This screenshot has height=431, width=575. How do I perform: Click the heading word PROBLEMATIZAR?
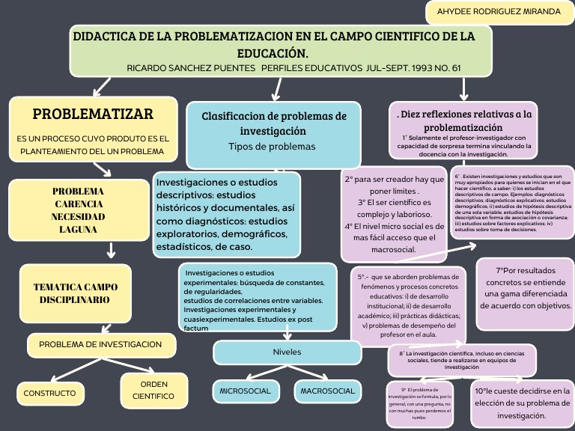click(93, 114)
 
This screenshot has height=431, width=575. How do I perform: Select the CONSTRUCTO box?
click(49, 392)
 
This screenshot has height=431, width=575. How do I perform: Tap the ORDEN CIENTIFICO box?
click(153, 390)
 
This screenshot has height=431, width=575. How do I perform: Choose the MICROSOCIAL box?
click(245, 391)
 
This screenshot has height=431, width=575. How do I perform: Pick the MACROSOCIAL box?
click(327, 391)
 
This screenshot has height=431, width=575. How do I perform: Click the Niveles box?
click(286, 352)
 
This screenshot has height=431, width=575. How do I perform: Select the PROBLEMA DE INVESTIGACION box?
click(100, 344)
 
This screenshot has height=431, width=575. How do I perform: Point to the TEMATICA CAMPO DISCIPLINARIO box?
click(75, 293)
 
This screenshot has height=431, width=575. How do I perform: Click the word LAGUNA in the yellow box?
click(79, 230)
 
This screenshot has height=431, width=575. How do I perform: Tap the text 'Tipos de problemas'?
click(272, 147)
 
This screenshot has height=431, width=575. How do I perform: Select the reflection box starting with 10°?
click(522, 403)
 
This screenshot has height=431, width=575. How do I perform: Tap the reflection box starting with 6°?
click(513, 204)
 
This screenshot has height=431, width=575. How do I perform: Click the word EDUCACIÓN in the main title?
click(273, 53)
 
